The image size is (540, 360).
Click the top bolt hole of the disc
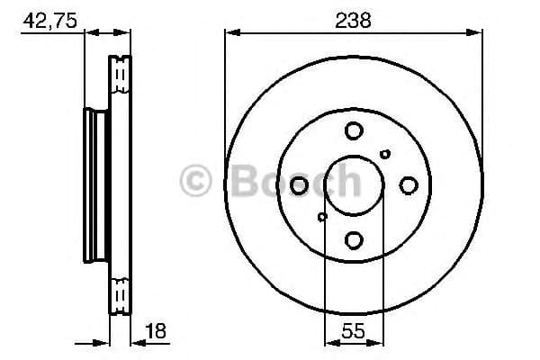[353, 131]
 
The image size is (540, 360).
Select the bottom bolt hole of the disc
[353, 239]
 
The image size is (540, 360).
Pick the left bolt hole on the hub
[300, 185]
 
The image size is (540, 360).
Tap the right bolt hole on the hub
[407, 185]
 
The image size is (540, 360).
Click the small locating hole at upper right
[385, 154]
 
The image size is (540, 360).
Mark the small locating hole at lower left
[322, 217]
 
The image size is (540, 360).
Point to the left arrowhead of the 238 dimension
[230, 33]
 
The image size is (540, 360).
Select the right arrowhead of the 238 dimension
[476, 33]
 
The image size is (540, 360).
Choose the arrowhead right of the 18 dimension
[137, 342]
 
